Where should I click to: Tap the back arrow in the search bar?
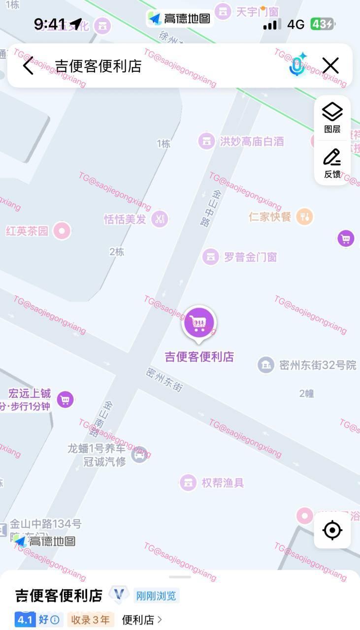[x=28, y=65]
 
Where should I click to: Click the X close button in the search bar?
[x=330, y=65]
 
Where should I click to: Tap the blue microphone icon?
[x=297, y=65]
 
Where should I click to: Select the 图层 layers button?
[x=332, y=118]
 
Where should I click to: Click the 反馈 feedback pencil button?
[x=332, y=163]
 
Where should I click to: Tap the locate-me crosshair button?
[x=332, y=530]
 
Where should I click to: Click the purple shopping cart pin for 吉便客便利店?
[x=199, y=323]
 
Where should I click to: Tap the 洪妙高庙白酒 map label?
[x=251, y=142]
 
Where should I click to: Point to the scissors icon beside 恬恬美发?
[x=160, y=219]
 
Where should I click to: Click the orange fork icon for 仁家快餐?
[x=305, y=217]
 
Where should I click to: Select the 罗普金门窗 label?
[x=250, y=257]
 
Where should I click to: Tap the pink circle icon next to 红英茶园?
[x=62, y=231]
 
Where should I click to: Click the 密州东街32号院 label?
[x=317, y=365]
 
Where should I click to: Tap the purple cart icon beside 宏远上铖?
[x=65, y=399]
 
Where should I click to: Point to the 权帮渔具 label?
[x=223, y=483]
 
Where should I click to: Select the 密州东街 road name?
[x=164, y=379]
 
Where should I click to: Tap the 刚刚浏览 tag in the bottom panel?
[x=156, y=596]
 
